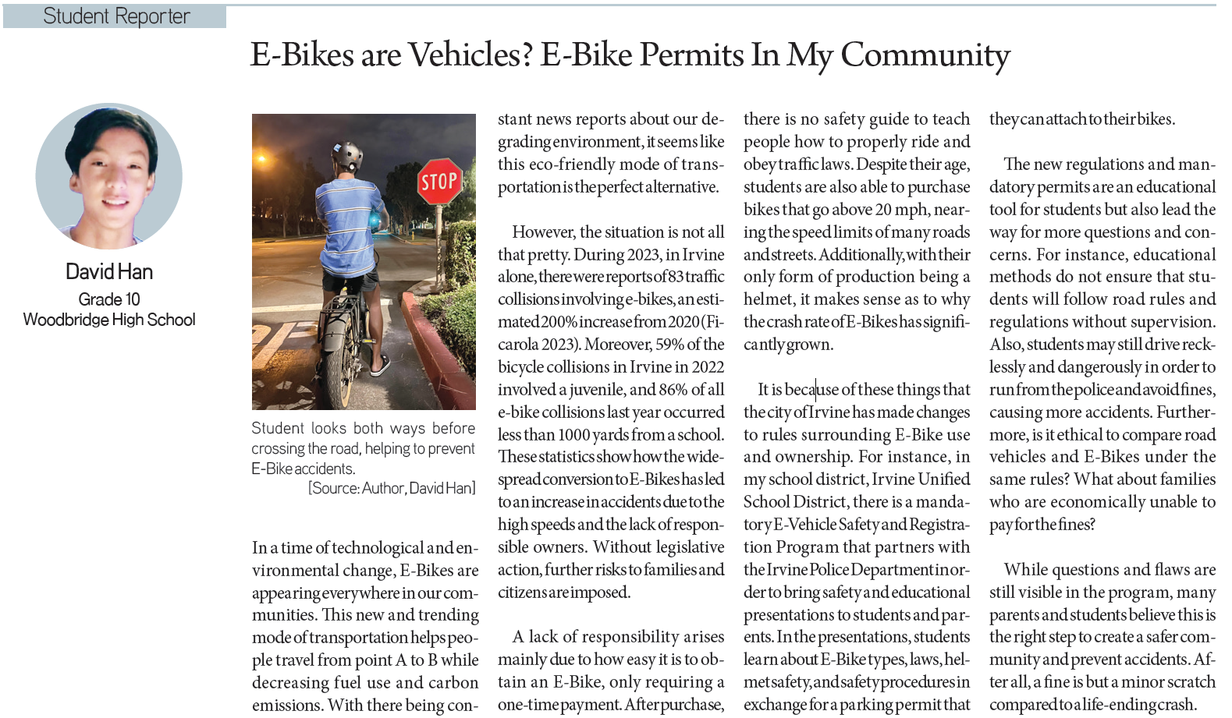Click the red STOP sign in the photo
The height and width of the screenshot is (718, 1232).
[438, 182]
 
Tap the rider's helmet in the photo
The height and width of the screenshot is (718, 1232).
[346, 157]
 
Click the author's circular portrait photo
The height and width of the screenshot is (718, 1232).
[109, 176]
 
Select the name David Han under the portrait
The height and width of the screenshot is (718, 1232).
[109, 272]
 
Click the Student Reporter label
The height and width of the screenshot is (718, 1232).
[116, 16]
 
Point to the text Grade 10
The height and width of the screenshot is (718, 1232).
[109, 299]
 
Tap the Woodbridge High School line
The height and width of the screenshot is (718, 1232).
[109, 320]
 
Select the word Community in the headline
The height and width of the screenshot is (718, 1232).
[925, 55]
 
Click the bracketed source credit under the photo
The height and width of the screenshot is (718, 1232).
[392, 489]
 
